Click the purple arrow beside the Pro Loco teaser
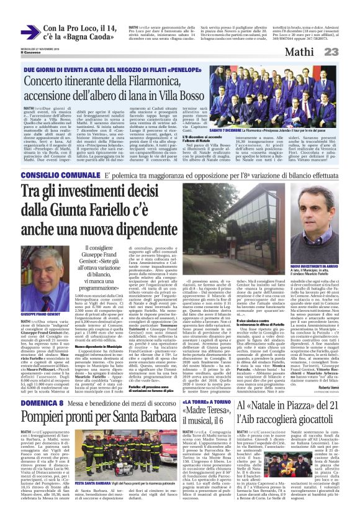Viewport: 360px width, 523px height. pyautogui.click(x=29, y=32)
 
